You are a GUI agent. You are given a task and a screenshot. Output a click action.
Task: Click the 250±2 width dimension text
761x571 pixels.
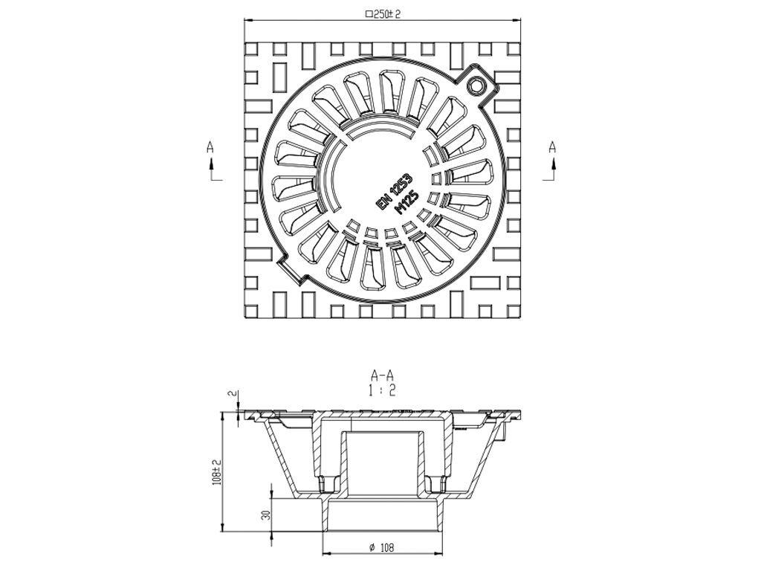coord(383,13)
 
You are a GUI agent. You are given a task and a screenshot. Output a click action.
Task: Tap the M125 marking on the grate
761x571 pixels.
coord(408,203)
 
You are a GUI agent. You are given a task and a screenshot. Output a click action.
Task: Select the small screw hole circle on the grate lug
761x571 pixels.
coord(476,86)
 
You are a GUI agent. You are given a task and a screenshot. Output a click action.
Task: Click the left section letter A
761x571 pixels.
coord(210,147)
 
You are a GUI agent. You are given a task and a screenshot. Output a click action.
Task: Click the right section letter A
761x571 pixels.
coord(552,147)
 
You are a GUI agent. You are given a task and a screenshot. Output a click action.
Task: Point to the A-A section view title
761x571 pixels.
coord(383,375)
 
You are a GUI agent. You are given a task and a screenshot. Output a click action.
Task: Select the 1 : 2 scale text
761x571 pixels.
coord(383,390)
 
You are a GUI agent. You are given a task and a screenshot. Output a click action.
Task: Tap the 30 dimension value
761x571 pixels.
coord(265,514)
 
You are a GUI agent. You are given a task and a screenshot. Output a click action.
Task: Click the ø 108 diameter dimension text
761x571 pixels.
coord(381,548)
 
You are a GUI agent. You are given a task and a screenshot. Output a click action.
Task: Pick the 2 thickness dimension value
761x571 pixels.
coord(231,394)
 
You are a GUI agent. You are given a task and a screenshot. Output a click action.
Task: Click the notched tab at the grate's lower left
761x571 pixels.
coord(294,269)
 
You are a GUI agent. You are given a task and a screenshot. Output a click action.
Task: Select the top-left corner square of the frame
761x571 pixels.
coord(251,48)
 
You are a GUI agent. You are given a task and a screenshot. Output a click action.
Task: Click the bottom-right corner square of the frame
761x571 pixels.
coord(514,312)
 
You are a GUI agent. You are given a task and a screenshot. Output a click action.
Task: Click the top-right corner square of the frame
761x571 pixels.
coord(514,48)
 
